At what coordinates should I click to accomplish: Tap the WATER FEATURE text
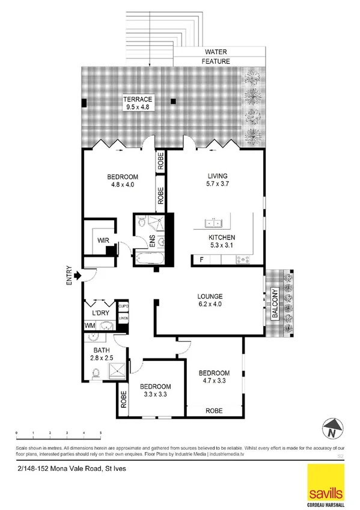coord(215,57)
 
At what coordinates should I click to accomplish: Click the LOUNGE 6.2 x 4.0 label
coord(210,301)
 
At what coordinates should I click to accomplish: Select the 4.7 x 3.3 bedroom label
coord(215,376)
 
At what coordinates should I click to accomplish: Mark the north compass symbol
coord(331,429)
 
